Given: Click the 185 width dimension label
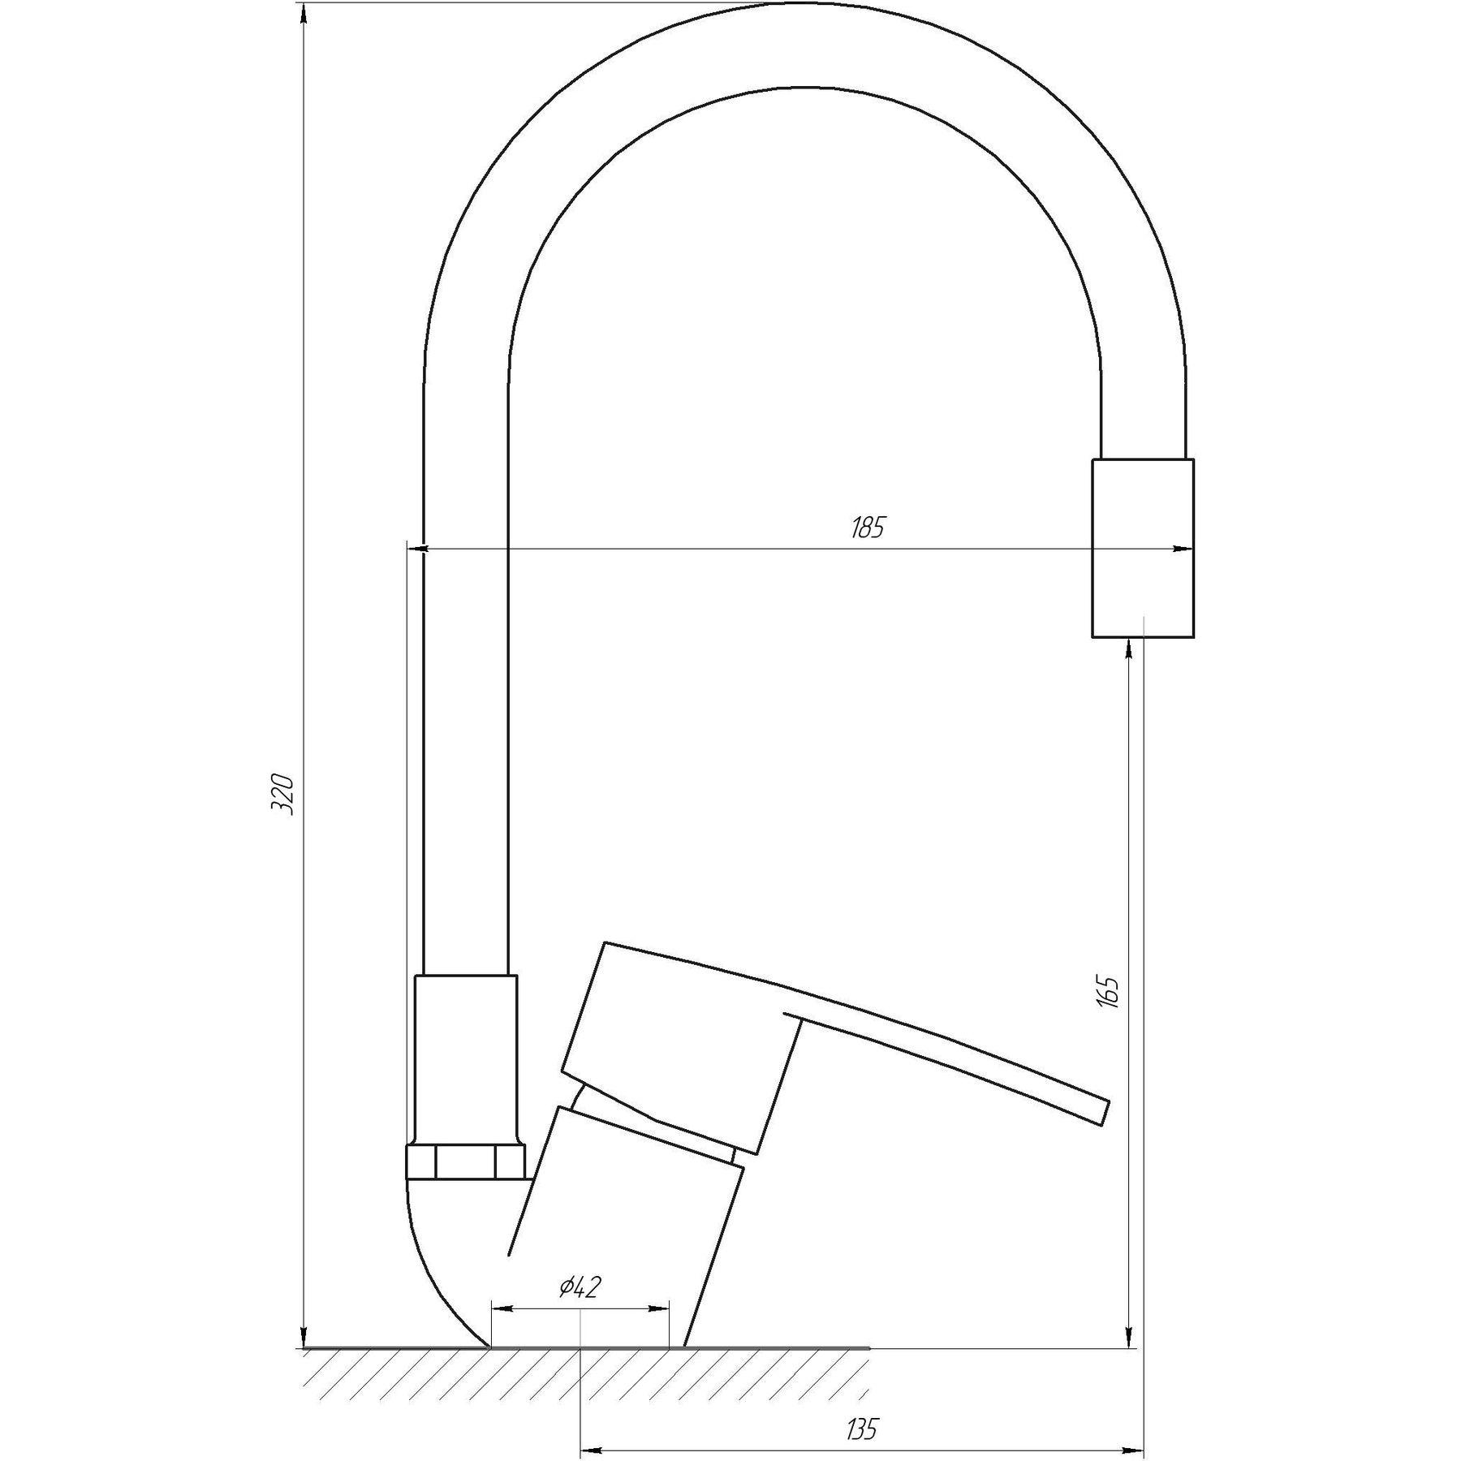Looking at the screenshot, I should [867, 528].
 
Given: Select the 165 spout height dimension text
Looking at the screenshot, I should [1110, 992].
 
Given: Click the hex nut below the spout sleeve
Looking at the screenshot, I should [465, 1162].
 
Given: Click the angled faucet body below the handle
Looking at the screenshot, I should [617, 1234].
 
